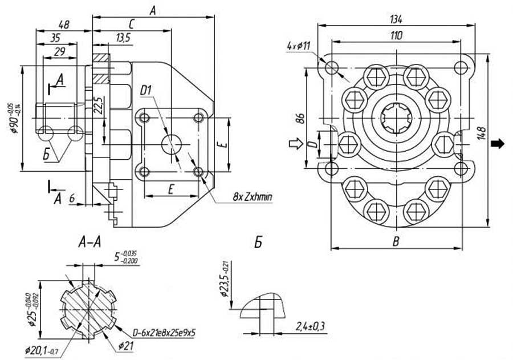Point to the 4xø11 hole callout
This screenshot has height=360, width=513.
pos(299,45)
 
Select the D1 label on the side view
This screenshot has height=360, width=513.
pos(147,90)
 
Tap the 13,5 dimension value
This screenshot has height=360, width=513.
pos(123,38)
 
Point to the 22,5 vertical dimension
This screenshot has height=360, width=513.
pos(98,106)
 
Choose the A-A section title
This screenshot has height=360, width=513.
pos(89,242)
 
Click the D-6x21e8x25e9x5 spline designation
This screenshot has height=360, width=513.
pos(161,331)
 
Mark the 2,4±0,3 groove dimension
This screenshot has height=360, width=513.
pos(312,326)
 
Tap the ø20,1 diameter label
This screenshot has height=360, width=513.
pos(39,349)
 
